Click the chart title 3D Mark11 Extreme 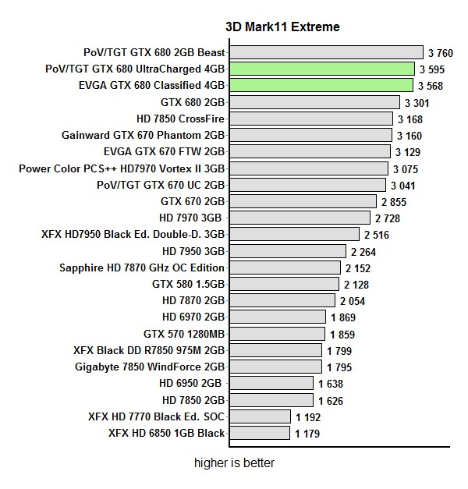(282, 27)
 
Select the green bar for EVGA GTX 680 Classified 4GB (321, 85)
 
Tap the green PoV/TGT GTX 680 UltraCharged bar (322, 69)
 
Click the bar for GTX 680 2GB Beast (327, 52)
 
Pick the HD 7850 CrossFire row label (180, 119)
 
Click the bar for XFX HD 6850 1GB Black (261, 433)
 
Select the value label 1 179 (307, 434)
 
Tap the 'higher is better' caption (234, 462)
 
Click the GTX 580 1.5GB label (188, 284)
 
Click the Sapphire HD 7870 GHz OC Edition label (142, 268)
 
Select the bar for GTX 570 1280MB (277, 334)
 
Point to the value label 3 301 (417, 102)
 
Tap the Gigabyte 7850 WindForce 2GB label (150, 367)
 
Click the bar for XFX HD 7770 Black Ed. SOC (261, 416)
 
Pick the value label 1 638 (331, 384)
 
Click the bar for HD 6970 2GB (278, 317)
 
